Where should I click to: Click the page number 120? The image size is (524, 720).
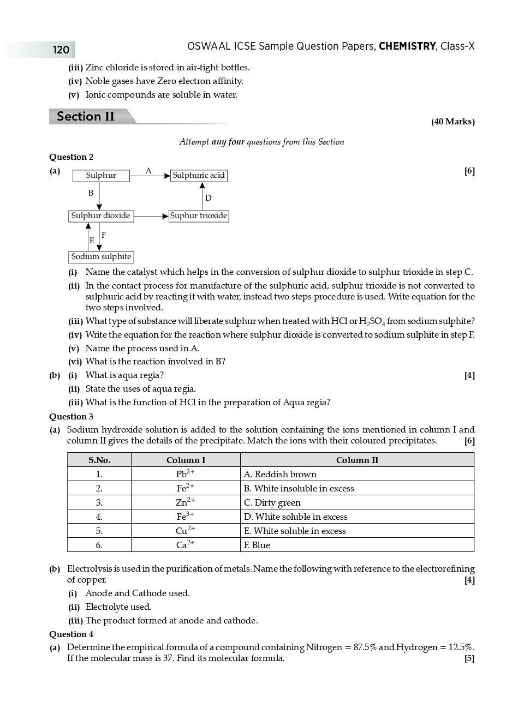[x=61, y=50]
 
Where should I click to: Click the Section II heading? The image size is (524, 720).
[x=86, y=117]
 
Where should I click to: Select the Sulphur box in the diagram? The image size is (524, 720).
[x=101, y=176]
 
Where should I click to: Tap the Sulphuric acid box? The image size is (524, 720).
[x=199, y=176]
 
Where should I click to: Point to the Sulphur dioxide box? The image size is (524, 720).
[x=101, y=216]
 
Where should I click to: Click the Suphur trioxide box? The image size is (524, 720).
[x=199, y=216]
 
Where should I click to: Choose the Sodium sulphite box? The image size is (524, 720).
[x=101, y=257]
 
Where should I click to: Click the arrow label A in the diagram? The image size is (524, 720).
[x=148, y=171]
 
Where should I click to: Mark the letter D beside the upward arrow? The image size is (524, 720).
[x=208, y=198]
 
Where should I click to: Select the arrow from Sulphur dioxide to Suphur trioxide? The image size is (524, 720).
[x=151, y=216]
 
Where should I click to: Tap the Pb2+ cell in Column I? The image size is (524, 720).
[x=186, y=474]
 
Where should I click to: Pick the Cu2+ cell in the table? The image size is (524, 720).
[x=186, y=531]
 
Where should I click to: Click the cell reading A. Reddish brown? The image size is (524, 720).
[x=280, y=474]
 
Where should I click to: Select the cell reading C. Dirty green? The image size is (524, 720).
[x=272, y=502]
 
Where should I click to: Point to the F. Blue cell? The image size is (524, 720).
[x=257, y=545]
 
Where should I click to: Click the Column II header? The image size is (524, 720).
[x=357, y=460]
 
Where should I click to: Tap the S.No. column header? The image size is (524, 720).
[x=99, y=460]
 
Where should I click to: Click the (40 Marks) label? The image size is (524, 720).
[x=452, y=122]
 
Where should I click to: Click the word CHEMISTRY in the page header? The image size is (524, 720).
[x=407, y=46]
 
